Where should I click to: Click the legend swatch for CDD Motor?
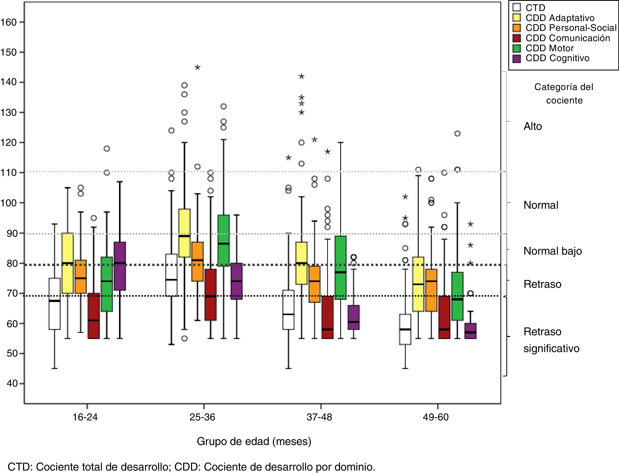517,48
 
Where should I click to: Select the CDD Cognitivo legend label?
557,58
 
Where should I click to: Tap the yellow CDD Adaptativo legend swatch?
517,18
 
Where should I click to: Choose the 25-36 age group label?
202,417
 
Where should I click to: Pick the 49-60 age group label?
436,417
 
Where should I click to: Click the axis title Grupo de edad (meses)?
254,441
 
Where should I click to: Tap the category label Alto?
532,126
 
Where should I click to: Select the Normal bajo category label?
552,251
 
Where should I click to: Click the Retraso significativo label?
551,340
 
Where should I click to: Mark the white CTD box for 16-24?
55,303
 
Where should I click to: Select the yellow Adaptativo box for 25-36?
185,233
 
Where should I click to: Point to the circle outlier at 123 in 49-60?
457,133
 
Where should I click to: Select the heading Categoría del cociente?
564,93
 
